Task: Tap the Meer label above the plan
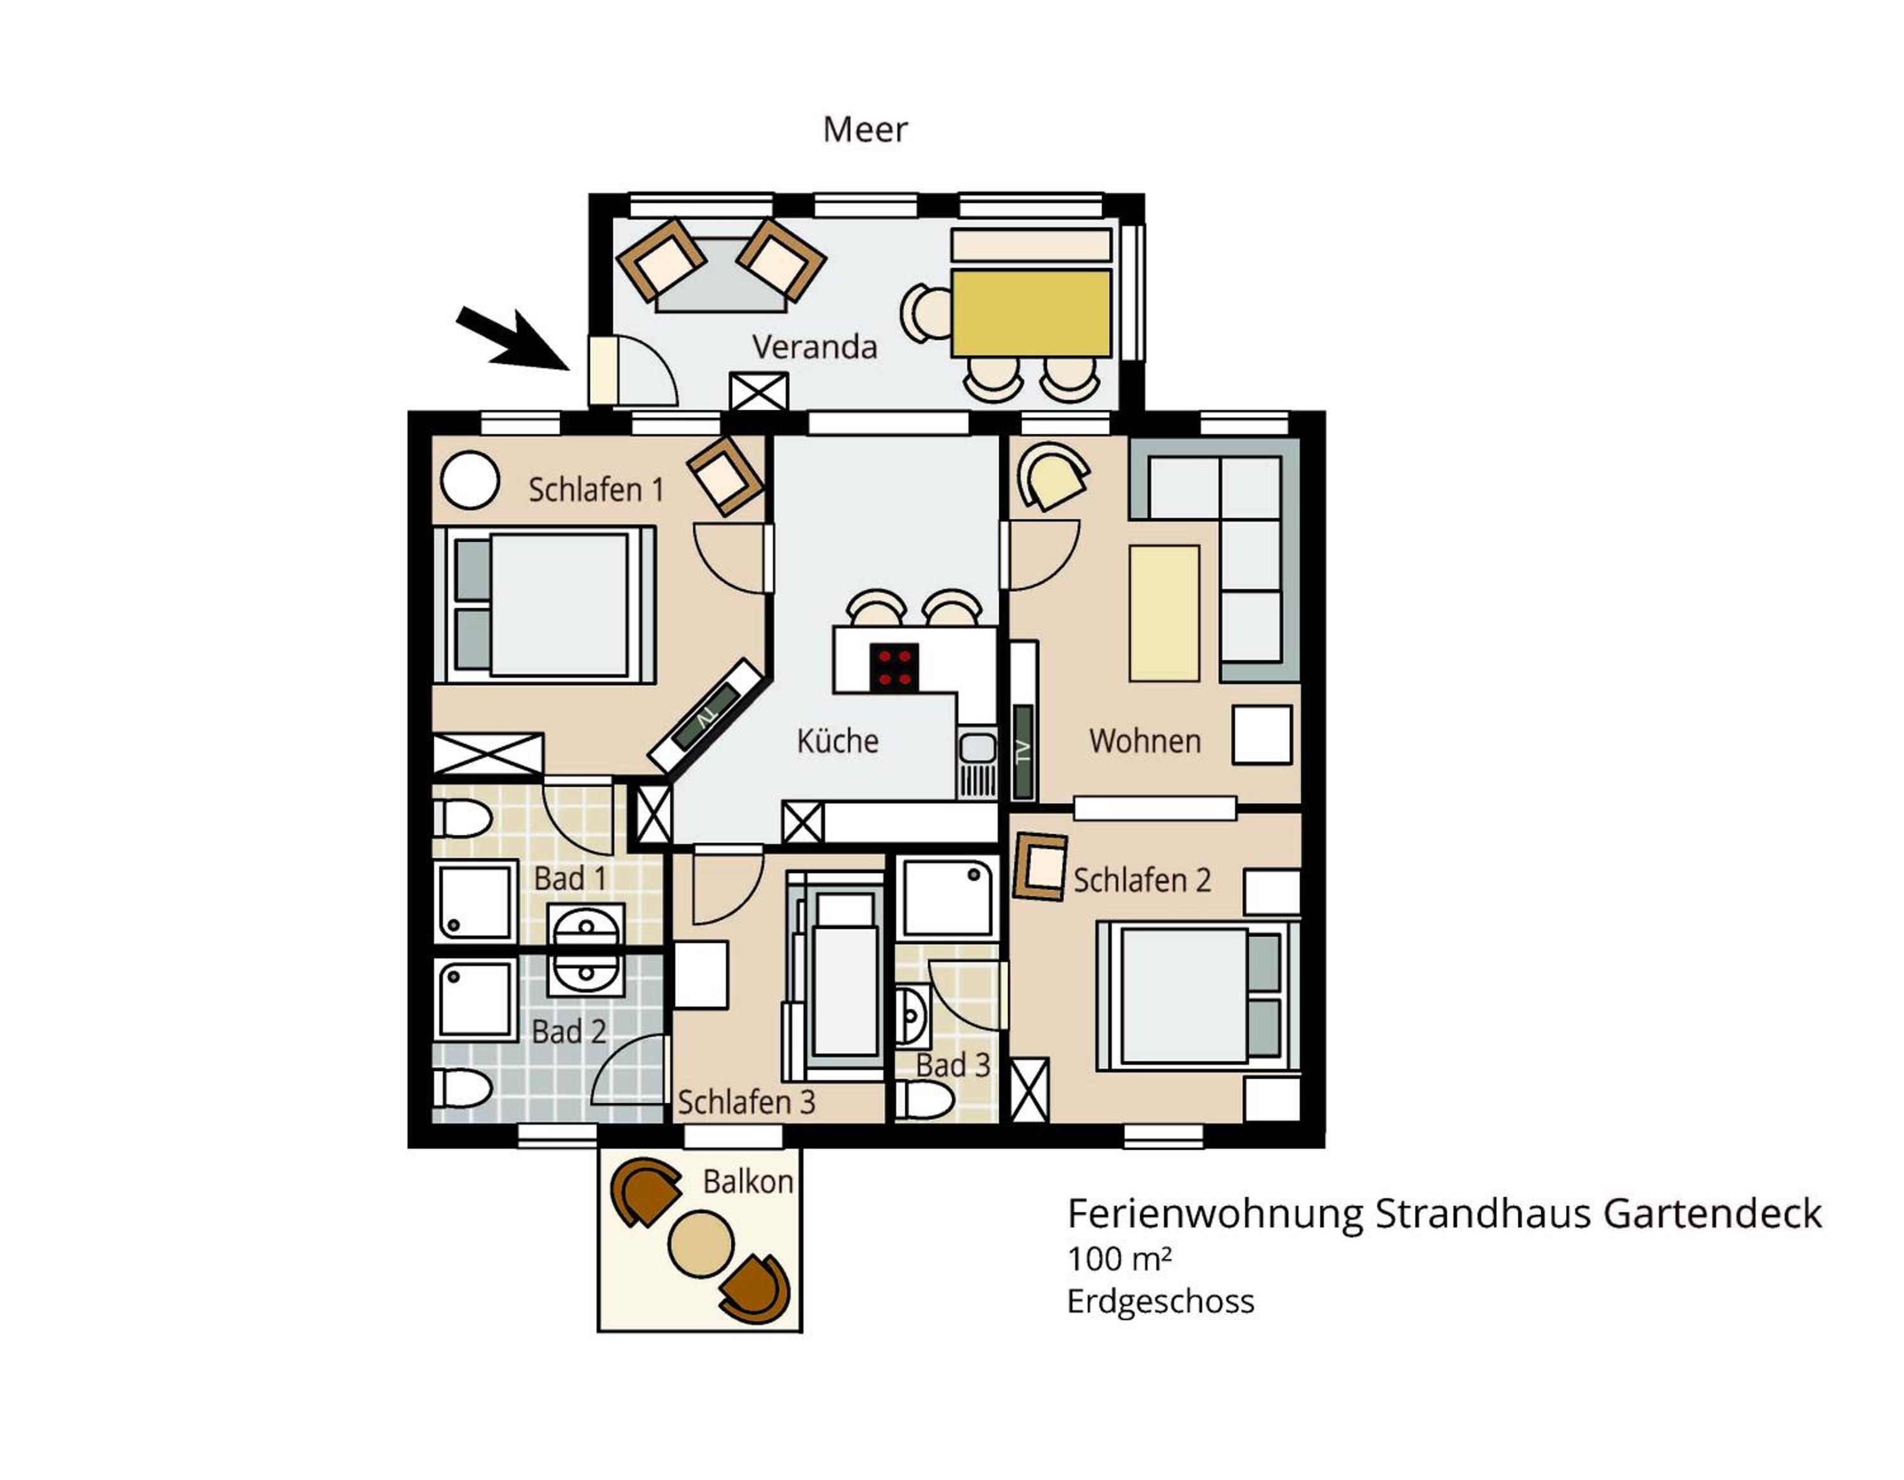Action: (x=865, y=130)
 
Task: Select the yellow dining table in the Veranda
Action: (x=1031, y=313)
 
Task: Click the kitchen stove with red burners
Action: (x=894, y=668)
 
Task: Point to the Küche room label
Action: (x=838, y=741)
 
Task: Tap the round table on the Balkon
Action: (x=700, y=1245)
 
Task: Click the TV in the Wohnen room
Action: (x=1024, y=751)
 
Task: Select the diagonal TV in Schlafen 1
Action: (x=707, y=717)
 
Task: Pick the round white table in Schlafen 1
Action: (x=470, y=480)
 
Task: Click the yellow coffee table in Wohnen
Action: (x=1164, y=612)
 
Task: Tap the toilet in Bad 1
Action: (x=463, y=819)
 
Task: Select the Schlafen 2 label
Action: (x=1142, y=880)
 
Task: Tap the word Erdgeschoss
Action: (x=1160, y=1301)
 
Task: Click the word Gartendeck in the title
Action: (x=1712, y=1213)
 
